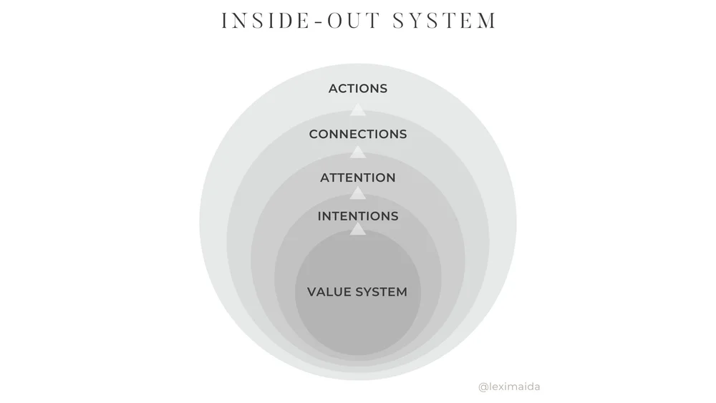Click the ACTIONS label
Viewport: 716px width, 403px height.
pos(358,89)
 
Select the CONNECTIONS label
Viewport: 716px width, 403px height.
pos(358,135)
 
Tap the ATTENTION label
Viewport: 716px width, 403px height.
pos(358,178)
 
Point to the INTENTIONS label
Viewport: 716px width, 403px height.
pos(358,216)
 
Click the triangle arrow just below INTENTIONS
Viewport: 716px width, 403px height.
pos(358,229)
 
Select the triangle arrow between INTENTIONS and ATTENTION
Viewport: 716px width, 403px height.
pos(358,193)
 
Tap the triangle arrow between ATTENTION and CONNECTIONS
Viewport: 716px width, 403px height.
pos(358,151)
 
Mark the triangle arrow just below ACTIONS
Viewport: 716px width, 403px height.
pos(358,109)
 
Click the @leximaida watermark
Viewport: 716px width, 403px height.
pos(509,387)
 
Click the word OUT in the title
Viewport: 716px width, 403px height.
pos(352,21)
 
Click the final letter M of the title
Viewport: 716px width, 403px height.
pos(488,21)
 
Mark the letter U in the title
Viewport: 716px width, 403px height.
pos(353,21)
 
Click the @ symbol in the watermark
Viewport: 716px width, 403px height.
pos(483,387)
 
